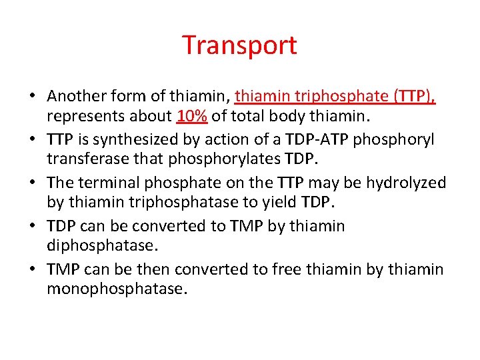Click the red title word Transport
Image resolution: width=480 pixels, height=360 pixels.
click(239, 45)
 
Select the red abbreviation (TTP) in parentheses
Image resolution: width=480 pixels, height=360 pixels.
click(414, 96)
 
